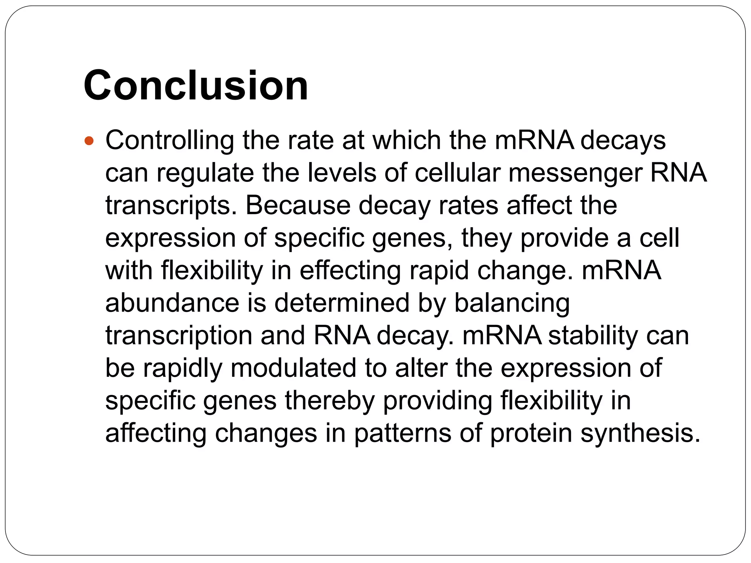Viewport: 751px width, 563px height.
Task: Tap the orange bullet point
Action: pyautogui.click(x=89, y=141)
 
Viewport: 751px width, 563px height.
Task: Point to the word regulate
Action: pyautogui.click(x=205, y=173)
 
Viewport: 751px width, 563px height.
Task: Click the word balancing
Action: pyautogui.click(x=512, y=303)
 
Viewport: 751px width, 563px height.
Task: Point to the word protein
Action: pyautogui.click(x=531, y=433)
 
